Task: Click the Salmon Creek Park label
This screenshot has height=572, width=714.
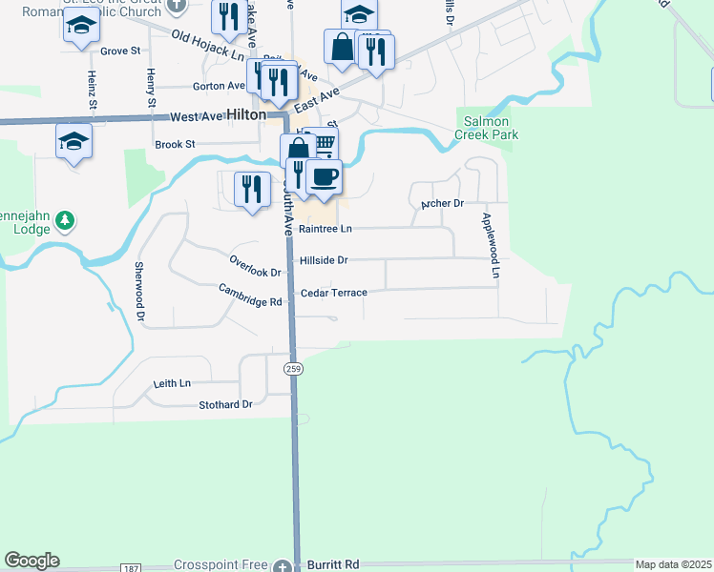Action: [x=491, y=129]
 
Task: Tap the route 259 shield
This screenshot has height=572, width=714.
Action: [x=294, y=368]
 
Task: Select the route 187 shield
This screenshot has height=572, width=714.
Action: [x=130, y=567]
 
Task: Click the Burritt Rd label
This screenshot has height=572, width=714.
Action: [x=333, y=565]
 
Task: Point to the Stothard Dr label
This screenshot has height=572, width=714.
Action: [x=225, y=404]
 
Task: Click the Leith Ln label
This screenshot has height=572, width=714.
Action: [x=172, y=383]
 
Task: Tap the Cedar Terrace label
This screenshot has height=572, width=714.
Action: [x=333, y=293]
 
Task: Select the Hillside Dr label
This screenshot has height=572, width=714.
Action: [x=324, y=259]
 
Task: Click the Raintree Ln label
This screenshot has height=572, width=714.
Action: [x=325, y=229]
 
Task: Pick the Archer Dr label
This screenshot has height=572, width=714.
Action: [x=442, y=204]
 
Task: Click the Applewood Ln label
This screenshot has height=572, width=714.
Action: [x=490, y=246]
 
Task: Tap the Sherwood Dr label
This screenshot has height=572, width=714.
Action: [x=139, y=290]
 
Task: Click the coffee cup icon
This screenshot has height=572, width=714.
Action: [x=324, y=176]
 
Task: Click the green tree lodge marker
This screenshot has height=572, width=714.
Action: [x=65, y=221]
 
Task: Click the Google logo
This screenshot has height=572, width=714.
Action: [x=31, y=561]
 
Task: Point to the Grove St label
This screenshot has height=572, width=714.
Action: [x=120, y=51]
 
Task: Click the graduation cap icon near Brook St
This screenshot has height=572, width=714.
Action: [x=73, y=141]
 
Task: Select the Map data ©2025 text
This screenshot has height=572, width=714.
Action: [x=673, y=564]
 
